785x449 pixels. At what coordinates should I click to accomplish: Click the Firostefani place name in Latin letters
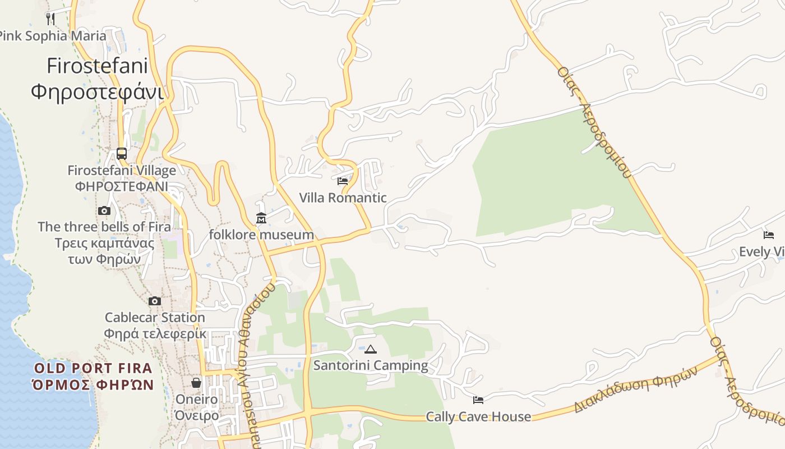tap(97, 66)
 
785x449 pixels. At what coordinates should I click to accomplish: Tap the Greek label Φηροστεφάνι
tap(97, 91)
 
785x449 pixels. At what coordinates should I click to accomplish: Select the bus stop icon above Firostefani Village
tap(122, 153)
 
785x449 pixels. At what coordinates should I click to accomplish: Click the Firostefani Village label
tap(122, 170)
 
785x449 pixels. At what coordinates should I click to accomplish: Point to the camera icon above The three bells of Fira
tap(104, 211)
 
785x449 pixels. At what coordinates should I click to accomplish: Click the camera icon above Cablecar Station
tap(155, 301)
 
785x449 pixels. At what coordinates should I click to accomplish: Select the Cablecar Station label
tap(155, 317)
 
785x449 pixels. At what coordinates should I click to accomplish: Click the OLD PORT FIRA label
tap(93, 368)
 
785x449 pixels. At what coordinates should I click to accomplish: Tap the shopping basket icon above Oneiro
tap(196, 383)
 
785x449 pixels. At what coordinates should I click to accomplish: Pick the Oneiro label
tap(196, 400)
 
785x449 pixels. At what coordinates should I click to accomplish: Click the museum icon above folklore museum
tap(261, 218)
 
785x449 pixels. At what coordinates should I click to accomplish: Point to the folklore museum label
tap(261, 234)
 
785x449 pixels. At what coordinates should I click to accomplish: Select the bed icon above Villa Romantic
tap(343, 181)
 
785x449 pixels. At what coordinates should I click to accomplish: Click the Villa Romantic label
tap(343, 198)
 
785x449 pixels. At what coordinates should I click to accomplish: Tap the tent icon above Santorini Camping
tap(370, 350)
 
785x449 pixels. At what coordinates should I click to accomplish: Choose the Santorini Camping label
tap(370, 365)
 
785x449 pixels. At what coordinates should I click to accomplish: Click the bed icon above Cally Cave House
tap(478, 400)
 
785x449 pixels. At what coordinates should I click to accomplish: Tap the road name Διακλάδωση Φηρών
tap(635, 390)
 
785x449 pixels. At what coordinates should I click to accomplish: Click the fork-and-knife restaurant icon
tap(50, 19)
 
